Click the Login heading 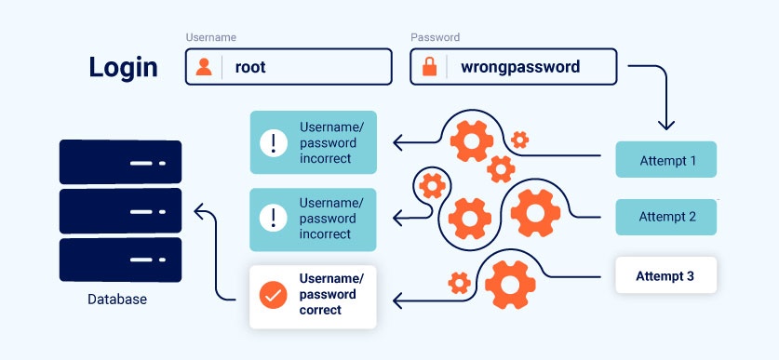pyautogui.click(x=123, y=67)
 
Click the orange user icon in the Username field pyautogui.click(x=204, y=67)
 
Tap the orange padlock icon pyautogui.click(x=429, y=67)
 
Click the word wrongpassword pyautogui.click(x=520, y=67)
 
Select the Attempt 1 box pyautogui.click(x=666, y=160)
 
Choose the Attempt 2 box pyautogui.click(x=666, y=217)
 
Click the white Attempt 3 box pyautogui.click(x=666, y=275)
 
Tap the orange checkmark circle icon pyautogui.click(x=272, y=297)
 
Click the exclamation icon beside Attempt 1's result pyautogui.click(x=272, y=143)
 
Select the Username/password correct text pyautogui.click(x=331, y=294)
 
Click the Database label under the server pyautogui.click(x=117, y=300)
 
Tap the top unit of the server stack pyautogui.click(x=120, y=162)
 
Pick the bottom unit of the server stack pyautogui.click(x=120, y=260)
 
